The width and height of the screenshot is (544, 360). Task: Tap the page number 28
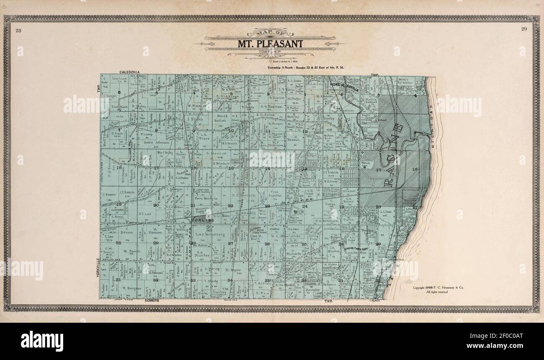(18, 30)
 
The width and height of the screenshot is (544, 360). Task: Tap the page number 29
(523, 29)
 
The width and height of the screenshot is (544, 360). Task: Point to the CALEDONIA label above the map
(129, 72)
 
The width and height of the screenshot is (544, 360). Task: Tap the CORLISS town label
(203, 220)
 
